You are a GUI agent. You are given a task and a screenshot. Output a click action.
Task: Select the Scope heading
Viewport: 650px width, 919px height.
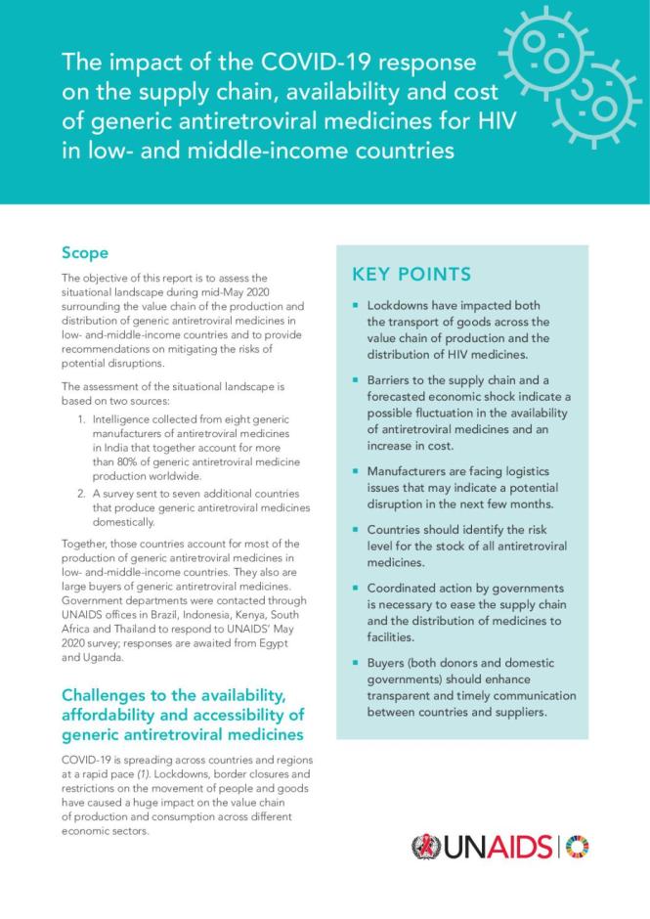(x=85, y=253)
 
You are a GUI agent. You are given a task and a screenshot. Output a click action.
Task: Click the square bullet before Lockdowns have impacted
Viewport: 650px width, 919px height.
(x=357, y=307)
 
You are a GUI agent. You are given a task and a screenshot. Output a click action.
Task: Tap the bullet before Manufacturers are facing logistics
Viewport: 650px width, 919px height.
(x=357, y=471)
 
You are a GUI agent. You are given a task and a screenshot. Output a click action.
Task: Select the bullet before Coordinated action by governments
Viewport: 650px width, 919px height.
(x=357, y=589)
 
